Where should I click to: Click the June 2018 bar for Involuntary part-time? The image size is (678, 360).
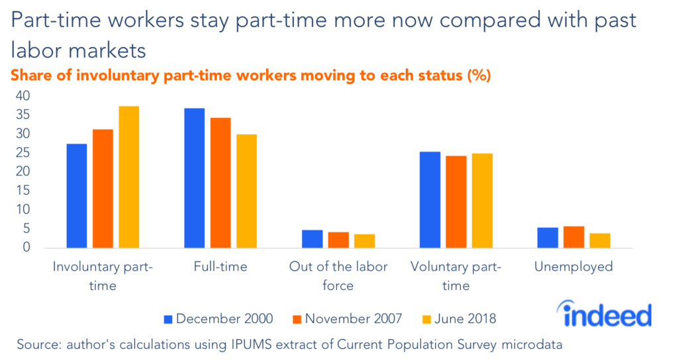click(x=128, y=177)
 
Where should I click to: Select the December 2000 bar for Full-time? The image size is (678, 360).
click(x=194, y=178)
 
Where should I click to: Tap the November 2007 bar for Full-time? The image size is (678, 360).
click(x=220, y=183)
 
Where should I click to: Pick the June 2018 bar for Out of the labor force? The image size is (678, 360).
click(x=364, y=241)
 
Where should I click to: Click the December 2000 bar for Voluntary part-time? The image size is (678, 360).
click(x=430, y=200)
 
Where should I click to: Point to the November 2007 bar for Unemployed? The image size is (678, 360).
click(x=574, y=237)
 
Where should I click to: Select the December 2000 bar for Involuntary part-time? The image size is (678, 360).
click(x=77, y=196)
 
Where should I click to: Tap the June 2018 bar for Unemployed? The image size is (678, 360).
click(x=600, y=240)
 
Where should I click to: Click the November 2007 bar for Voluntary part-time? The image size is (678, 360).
click(x=456, y=202)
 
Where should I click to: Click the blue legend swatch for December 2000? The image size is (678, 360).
click(x=168, y=319)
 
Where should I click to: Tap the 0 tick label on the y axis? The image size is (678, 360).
click(x=27, y=247)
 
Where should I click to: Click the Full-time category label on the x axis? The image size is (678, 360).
click(x=220, y=267)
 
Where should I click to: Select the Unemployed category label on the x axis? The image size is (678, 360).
click(x=574, y=267)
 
